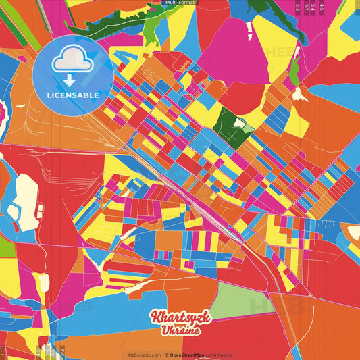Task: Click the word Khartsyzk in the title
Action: [181, 317]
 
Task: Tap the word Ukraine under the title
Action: [180, 330]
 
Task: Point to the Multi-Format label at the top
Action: [180, 3]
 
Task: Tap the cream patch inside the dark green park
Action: [249, 126]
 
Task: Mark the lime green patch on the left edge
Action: [7, 247]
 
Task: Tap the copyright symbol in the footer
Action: [166, 355]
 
